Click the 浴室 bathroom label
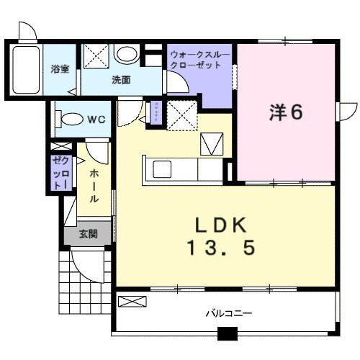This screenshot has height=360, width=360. coord(59,69)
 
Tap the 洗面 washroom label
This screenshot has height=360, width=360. coord(120,81)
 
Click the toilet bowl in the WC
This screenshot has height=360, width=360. coord(70,120)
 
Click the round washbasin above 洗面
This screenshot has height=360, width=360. coord(127,54)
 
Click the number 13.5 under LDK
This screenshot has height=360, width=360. coord(221,249)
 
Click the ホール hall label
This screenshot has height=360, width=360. coord(94,186)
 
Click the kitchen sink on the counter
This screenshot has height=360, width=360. coord(161,169)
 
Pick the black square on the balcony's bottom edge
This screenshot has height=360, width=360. coord(227,333)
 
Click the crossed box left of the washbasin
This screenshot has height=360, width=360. coord(94,55)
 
